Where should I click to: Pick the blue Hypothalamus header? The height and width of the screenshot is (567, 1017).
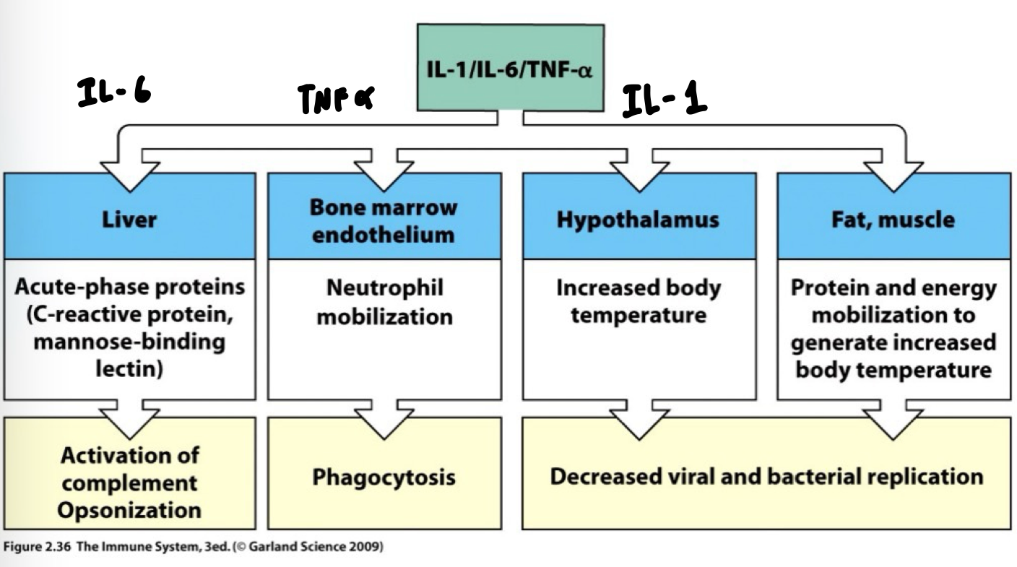[x=638, y=220]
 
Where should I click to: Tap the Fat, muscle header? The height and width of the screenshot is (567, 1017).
[x=893, y=220]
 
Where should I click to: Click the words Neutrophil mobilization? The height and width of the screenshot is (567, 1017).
[x=384, y=302]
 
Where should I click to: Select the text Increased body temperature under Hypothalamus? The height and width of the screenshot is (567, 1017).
[x=638, y=302]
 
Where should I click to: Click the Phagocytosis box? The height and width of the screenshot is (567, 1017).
[x=384, y=477]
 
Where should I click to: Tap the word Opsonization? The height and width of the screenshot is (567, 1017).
[x=130, y=510]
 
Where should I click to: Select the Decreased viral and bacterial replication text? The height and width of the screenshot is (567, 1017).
[x=766, y=477]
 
